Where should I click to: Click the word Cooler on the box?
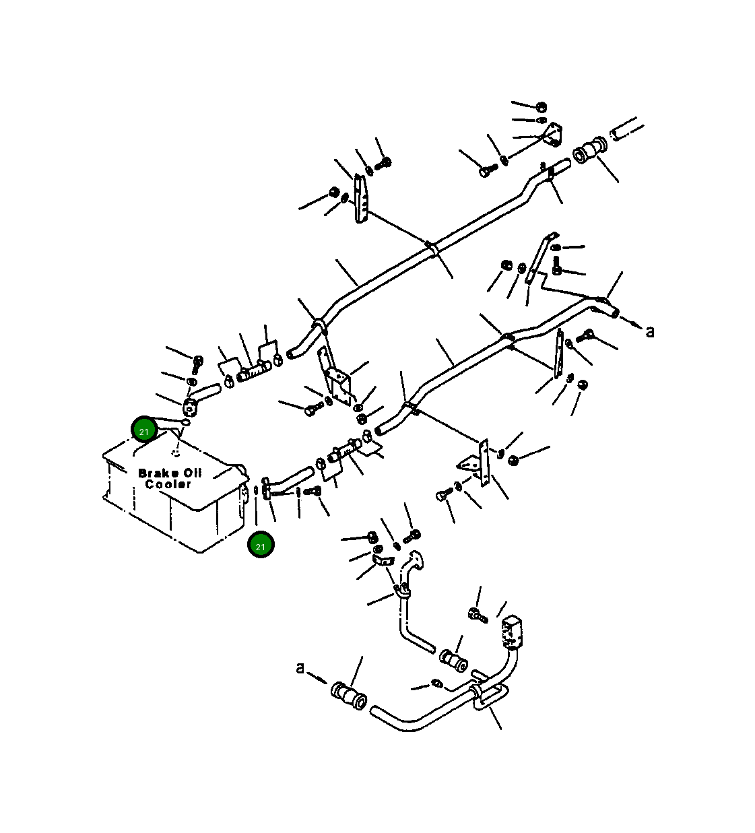(x=168, y=484)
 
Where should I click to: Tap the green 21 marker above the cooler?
(x=144, y=430)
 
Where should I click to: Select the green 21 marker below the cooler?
(x=260, y=545)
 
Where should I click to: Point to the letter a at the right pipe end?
(x=650, y=331)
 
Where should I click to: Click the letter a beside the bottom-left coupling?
(x=300, y=668)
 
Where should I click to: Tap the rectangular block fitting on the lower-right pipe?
(x=513, y=630)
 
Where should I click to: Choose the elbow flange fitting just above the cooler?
(x=192, y=407)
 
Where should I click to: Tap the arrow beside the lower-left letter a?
(x=319, y=677)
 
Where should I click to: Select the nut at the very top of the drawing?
(x=541, y=107)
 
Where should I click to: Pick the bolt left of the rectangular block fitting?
(x=476, y=613)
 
